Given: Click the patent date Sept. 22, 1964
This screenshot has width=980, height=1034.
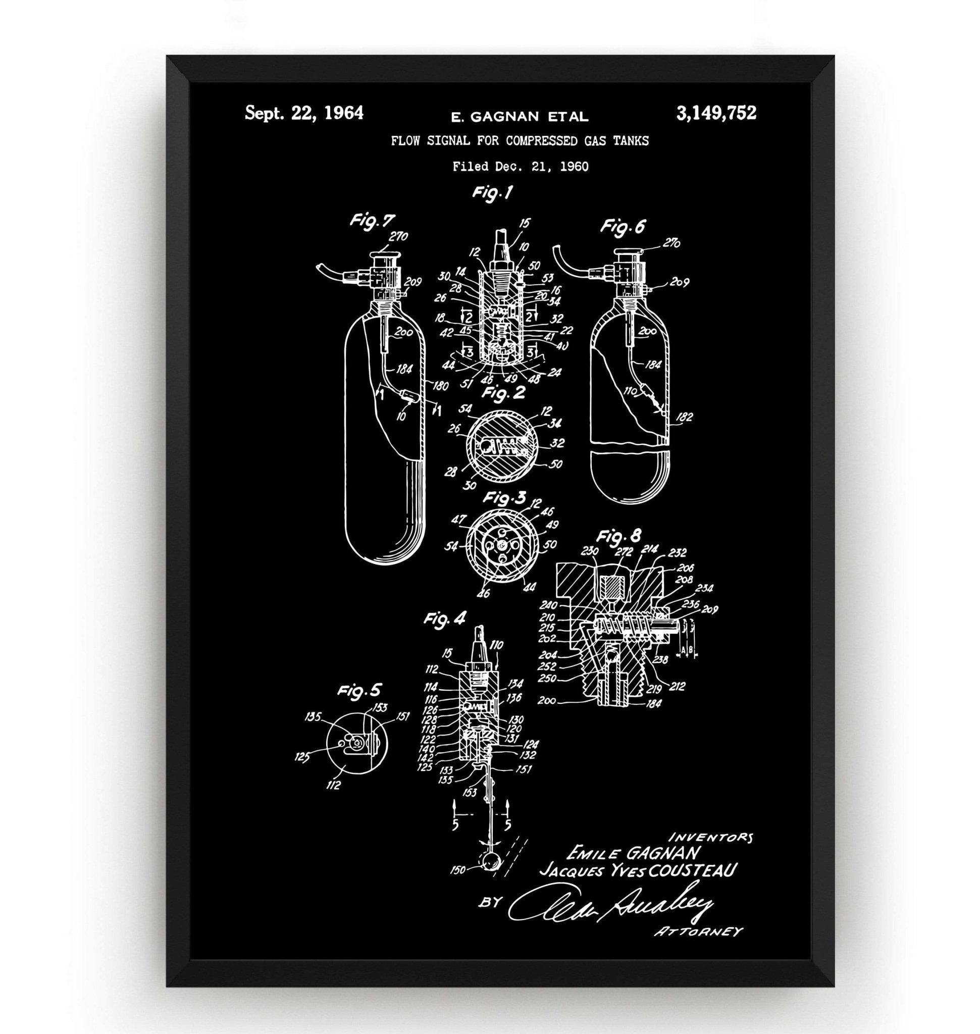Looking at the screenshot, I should coord(304,114).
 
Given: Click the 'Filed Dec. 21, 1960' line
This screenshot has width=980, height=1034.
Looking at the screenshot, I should coord(521,167).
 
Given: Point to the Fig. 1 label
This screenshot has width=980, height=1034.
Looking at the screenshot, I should coord(492,193).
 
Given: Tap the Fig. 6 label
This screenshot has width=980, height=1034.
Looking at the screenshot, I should coord(623,226).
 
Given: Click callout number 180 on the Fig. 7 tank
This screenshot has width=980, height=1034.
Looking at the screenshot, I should coord(440,386).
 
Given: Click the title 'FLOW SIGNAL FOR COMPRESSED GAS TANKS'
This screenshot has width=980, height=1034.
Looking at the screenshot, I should coord(520,141).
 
